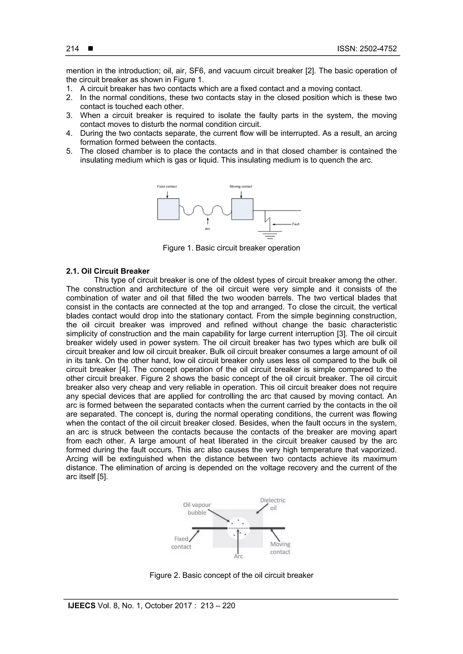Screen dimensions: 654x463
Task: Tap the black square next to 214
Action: (x=91, y=49)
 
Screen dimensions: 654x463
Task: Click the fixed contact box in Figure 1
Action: (x=168, y=209)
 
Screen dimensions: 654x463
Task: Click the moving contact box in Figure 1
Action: (x=242, y=209)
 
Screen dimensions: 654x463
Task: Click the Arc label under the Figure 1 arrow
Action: (x=208, y=229)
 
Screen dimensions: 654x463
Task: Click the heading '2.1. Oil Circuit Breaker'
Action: (x=108, y=271)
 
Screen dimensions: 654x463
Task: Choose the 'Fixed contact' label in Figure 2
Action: (x=181, y=543)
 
